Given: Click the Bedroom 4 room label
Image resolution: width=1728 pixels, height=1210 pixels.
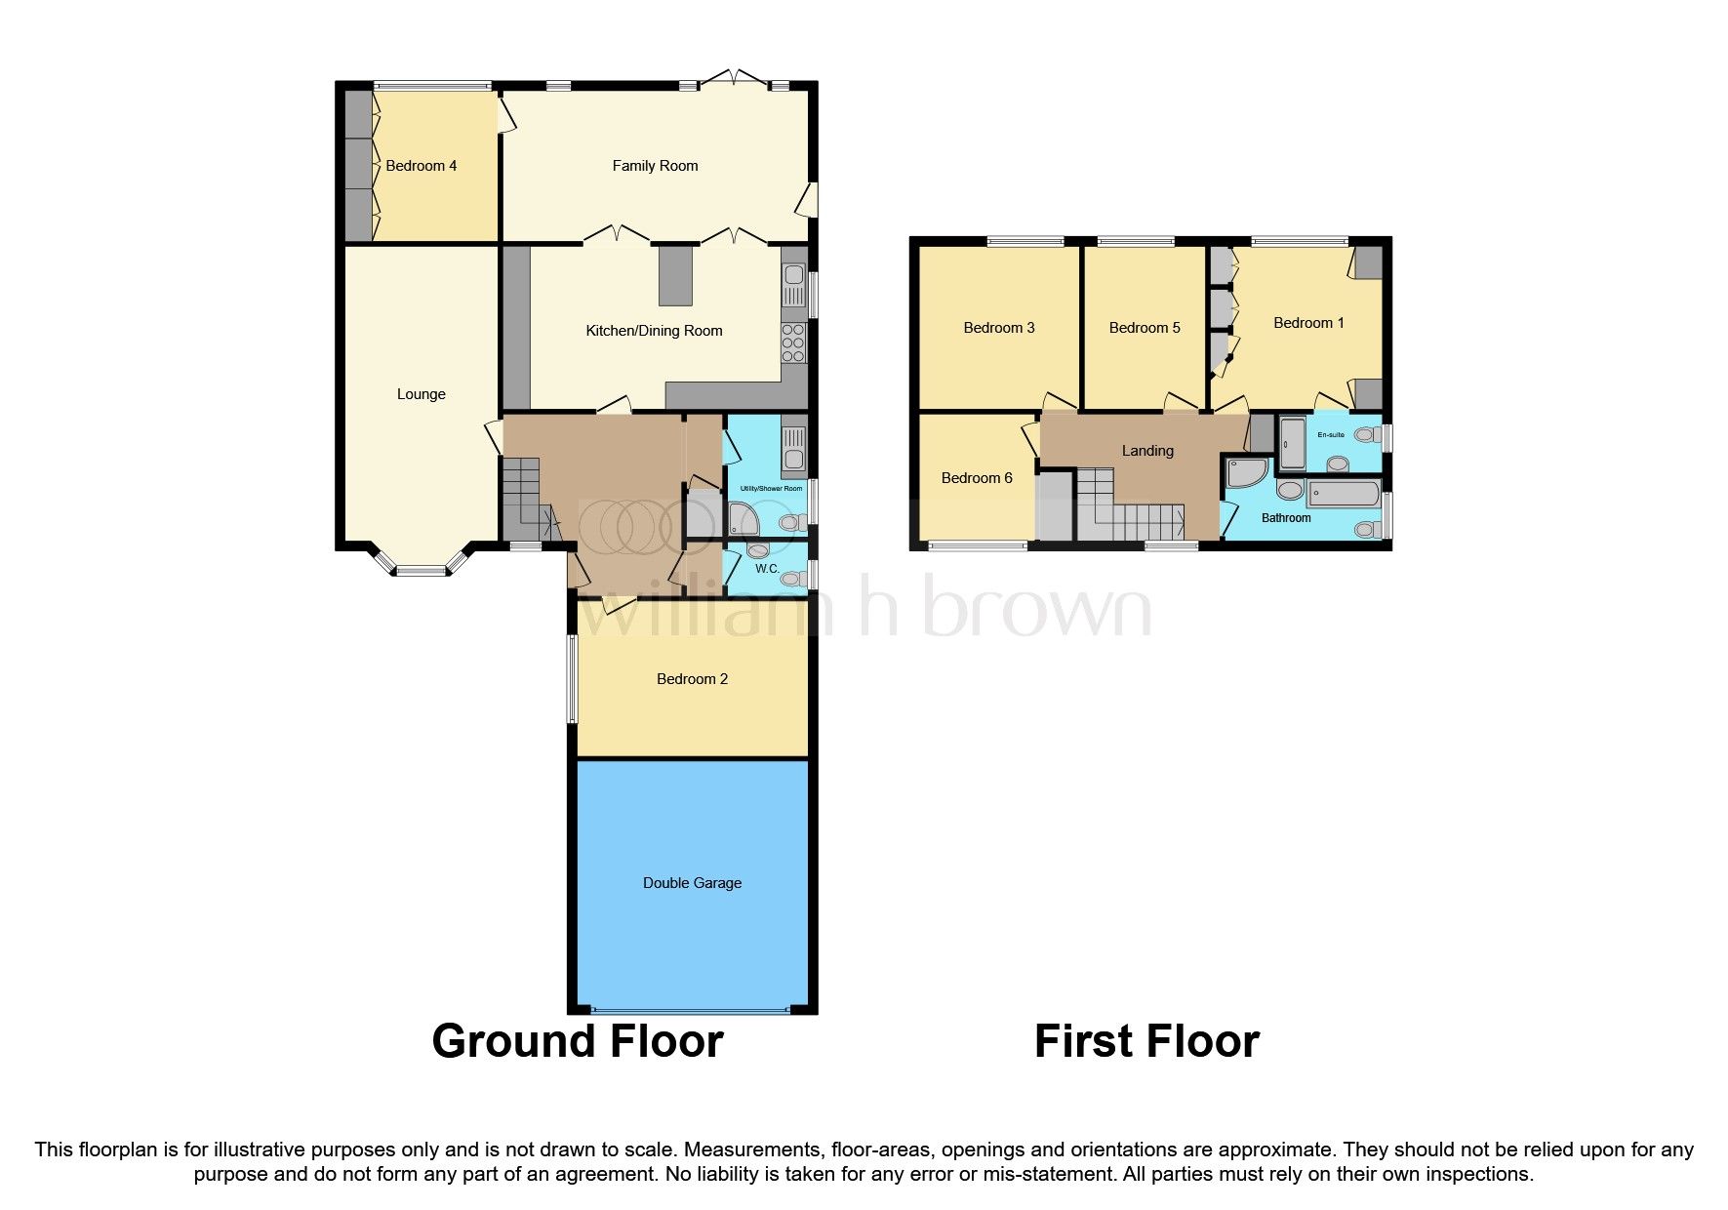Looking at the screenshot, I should (x=421, y=166).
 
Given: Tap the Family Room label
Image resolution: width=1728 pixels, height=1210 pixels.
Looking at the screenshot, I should (x=655, y=166).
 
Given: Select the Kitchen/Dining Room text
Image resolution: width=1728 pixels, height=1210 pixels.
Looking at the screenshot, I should (x=654, y=331).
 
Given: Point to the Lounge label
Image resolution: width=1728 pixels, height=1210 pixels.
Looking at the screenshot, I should (x=421, y=394).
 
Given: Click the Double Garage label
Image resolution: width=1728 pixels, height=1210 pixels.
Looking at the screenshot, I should (x=692, y=883).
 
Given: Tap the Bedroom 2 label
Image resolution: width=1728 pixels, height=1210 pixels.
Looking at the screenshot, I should (x=692, y=679).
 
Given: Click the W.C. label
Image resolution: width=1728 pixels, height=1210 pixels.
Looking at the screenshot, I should (x=767, y=569).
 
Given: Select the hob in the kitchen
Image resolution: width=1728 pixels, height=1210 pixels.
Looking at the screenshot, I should (x=794, y=343).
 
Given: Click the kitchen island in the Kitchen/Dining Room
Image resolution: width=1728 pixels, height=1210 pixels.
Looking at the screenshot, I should (x=675, y=275).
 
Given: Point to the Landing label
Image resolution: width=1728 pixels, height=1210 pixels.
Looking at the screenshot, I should (x=1147, y=451).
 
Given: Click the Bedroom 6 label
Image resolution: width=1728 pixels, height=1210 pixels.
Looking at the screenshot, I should (x=977, y=478).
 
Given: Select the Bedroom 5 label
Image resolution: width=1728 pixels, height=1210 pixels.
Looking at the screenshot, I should (x=1145, y=328).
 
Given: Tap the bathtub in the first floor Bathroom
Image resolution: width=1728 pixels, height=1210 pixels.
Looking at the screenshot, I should (x=1344, y=494).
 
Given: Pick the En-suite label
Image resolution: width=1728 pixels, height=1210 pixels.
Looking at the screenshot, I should (x=1331, y=435).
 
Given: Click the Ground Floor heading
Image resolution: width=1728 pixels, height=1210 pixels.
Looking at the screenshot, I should (x=578, y=1041).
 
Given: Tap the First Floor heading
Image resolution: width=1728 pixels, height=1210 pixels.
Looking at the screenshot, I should (x=1146, y=1041).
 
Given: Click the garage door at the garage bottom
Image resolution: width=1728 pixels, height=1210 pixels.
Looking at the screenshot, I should (x=692, y=1010).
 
